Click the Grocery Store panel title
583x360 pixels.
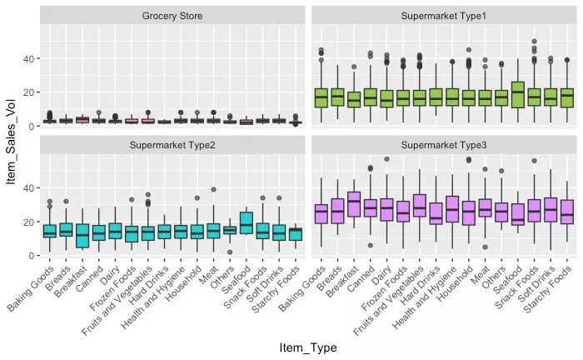coord(172,16)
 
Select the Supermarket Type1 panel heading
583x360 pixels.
coord(443,16)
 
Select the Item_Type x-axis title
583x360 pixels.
coord(307,347)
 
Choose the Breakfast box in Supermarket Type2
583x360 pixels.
coord(81,236)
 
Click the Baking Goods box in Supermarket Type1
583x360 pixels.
coord(321,97)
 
